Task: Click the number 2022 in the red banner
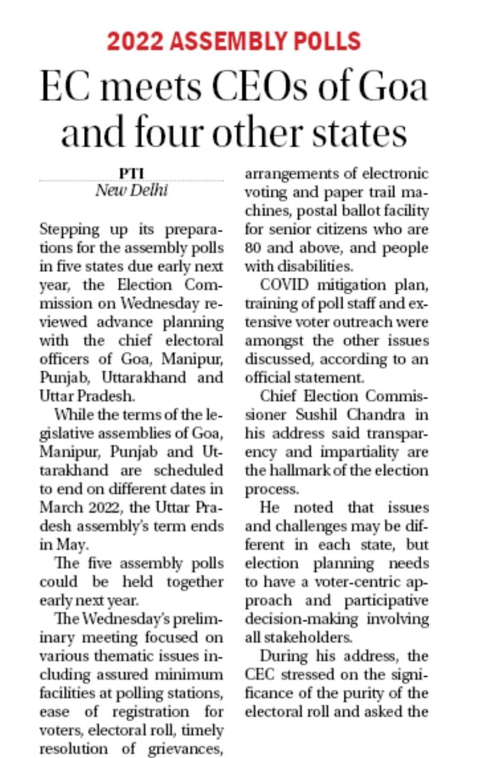point(135,41)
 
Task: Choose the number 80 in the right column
point(253,248)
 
